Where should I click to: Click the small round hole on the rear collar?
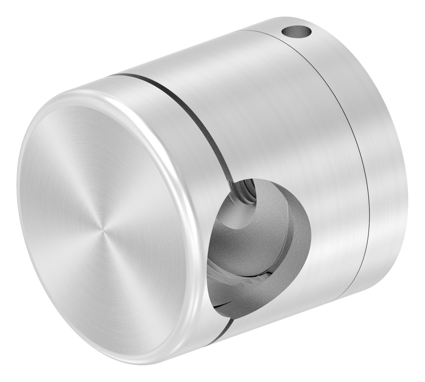coord(296,33)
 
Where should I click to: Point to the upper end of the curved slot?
coord(113,76)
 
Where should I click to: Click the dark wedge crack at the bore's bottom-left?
coord(226,305)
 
